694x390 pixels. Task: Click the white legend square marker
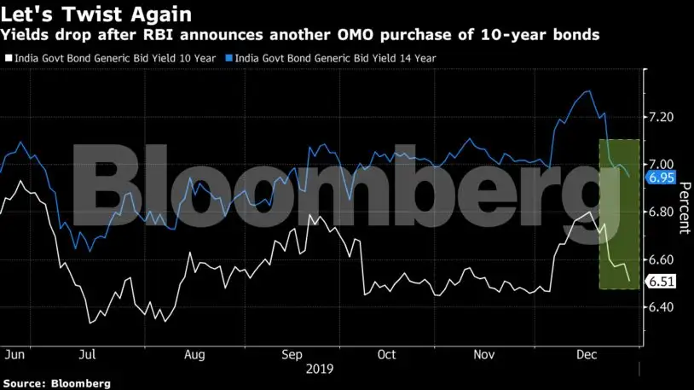[9, 58]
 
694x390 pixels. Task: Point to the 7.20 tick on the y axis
[662, 116]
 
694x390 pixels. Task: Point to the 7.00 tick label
[662, 164]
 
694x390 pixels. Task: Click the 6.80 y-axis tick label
[662, 212]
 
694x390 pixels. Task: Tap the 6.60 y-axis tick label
[662, 259]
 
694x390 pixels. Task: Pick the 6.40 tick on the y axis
[662, 307]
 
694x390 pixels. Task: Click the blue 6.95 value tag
[661, 178]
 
